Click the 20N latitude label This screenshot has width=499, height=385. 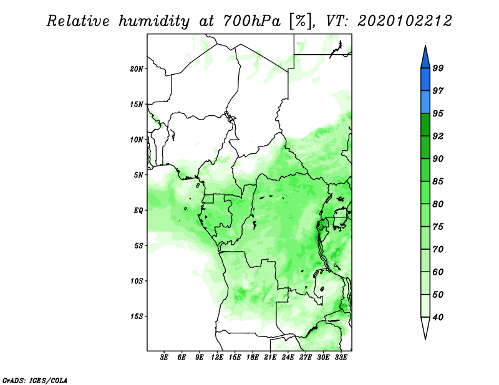(136, 69)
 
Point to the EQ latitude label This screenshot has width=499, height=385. (138, 211)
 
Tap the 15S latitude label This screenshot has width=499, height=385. (136, 316)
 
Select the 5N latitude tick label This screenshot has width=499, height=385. (138, 175)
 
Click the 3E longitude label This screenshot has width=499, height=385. (164, 357)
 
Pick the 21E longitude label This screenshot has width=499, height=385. (270, 357)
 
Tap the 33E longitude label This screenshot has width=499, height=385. (341, 357)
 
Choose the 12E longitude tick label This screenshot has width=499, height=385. (217, 357)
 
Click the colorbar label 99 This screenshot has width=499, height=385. (438, 68)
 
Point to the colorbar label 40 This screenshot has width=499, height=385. (438, 317)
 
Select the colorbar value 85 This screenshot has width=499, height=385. (438, 181)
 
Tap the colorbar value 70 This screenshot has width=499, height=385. (438, 249)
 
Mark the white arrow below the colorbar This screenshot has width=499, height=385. (425, 327)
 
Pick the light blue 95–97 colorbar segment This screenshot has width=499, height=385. (425, 102)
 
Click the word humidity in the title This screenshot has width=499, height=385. (154, 22)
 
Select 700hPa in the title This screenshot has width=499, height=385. (252, 21)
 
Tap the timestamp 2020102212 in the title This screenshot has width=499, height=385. (404, 21)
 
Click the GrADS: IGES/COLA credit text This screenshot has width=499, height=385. (35, 381)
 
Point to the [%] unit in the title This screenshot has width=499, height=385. (301, 22)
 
